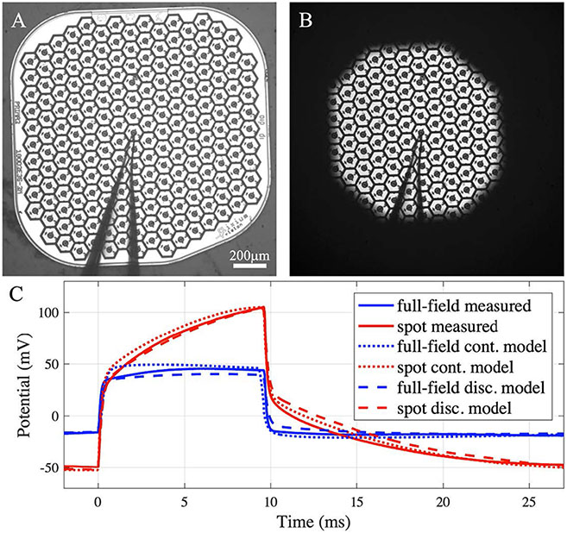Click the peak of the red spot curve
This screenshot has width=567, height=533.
pyautogui.click(x=262, y=307)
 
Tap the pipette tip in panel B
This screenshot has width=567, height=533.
pyautogui.click(x=419, y=131)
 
